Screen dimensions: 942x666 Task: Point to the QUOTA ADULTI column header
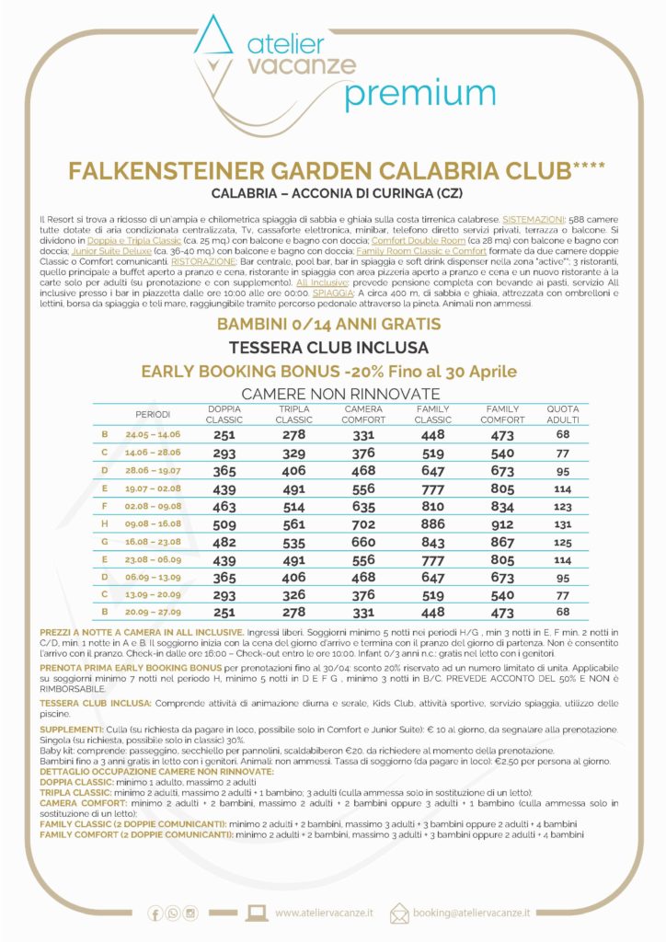(563, 414)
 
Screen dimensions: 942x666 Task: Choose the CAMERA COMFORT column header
(363, 414)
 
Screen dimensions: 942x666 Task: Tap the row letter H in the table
(105, 524)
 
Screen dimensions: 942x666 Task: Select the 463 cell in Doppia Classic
(224, 506)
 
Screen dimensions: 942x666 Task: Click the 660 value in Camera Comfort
(363, 543)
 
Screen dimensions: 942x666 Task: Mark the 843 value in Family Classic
(433, 543)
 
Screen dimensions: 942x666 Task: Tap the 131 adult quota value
(563, 524)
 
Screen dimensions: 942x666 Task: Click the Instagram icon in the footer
(190, 913)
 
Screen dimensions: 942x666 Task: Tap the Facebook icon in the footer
(155, 913)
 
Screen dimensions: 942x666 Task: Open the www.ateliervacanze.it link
(324, 913)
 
